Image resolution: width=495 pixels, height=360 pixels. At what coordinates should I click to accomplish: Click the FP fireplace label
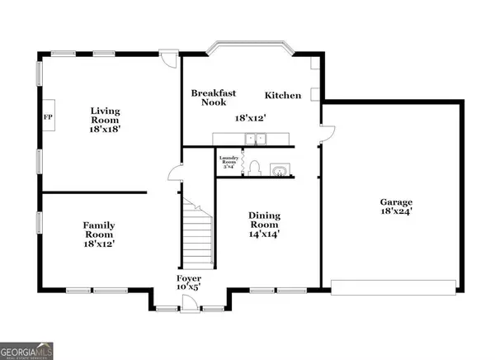[x=47, y=116]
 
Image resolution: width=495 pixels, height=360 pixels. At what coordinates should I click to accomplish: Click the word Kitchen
[x=282, y=96]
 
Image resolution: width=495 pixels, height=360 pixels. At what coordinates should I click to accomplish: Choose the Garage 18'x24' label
[x=396, y=207]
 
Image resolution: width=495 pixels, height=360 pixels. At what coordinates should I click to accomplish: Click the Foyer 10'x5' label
[x=189, y=283]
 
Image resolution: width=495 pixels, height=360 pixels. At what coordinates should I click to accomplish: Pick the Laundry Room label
[x=228, y=161]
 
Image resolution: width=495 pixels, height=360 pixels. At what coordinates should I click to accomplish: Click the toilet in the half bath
[x=254, y=168]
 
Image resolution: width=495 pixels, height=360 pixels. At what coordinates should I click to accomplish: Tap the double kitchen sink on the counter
[x=247, y=139]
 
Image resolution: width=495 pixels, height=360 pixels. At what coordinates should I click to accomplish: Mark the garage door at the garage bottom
[x=393, y=287]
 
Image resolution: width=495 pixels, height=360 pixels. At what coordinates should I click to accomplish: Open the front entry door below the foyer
[x=190, y=309]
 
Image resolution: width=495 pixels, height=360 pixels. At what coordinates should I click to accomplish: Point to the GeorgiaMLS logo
[x=27, y=350]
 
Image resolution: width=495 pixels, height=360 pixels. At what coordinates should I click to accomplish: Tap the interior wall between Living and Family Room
[x=94, y=192]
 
